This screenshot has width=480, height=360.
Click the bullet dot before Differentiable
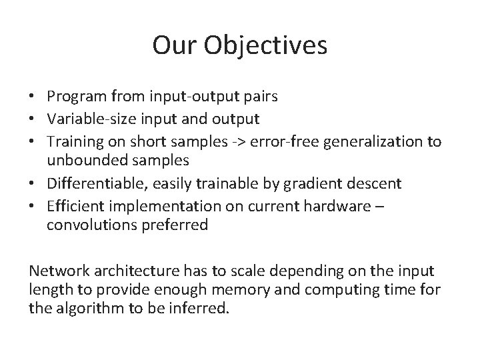tap(33, 183)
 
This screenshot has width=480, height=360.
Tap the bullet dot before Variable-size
tap(33, 119)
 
